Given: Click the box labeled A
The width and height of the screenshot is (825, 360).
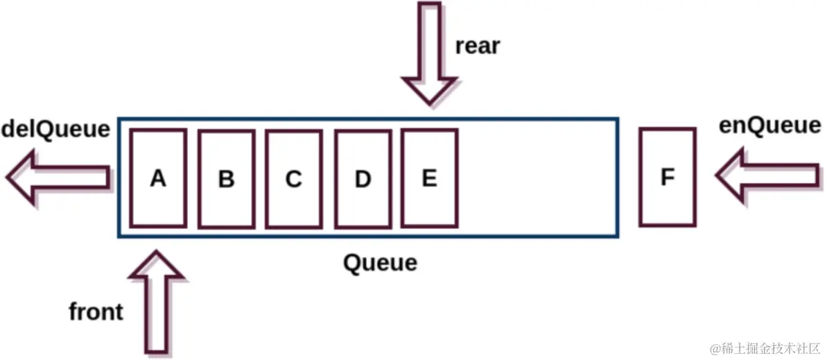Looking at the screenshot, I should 158,201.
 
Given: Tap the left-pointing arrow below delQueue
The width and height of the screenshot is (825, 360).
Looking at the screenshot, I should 59,178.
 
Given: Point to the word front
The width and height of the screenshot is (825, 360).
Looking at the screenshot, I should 96,312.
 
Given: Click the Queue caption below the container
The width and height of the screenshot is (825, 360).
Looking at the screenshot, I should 381,263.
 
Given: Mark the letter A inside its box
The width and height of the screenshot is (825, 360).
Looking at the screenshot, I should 158,179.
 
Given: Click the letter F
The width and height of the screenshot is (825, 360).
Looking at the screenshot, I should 667,178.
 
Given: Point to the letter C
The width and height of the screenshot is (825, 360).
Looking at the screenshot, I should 293,179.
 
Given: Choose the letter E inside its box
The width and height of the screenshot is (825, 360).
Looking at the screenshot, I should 429,178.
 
